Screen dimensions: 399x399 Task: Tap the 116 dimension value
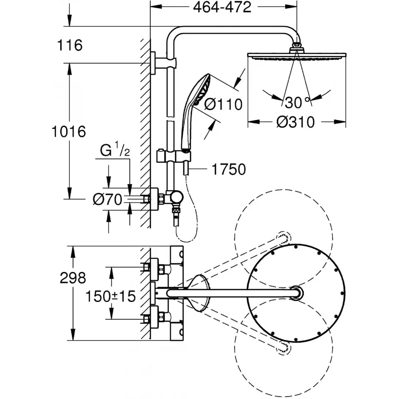click(x=70, y=46)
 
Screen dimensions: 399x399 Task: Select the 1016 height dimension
click(x=69, y=132)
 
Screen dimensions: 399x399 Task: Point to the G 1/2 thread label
click(x=115, y=151)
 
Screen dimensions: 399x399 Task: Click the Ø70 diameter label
click(x=107, y=199)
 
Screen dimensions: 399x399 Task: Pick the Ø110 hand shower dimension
click(x=223, y=104)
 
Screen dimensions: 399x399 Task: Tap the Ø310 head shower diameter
click(x=295, y=122)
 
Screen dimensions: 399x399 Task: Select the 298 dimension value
click(x=72, y=278)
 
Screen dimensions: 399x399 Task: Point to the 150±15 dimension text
click(x=111, y=297)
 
